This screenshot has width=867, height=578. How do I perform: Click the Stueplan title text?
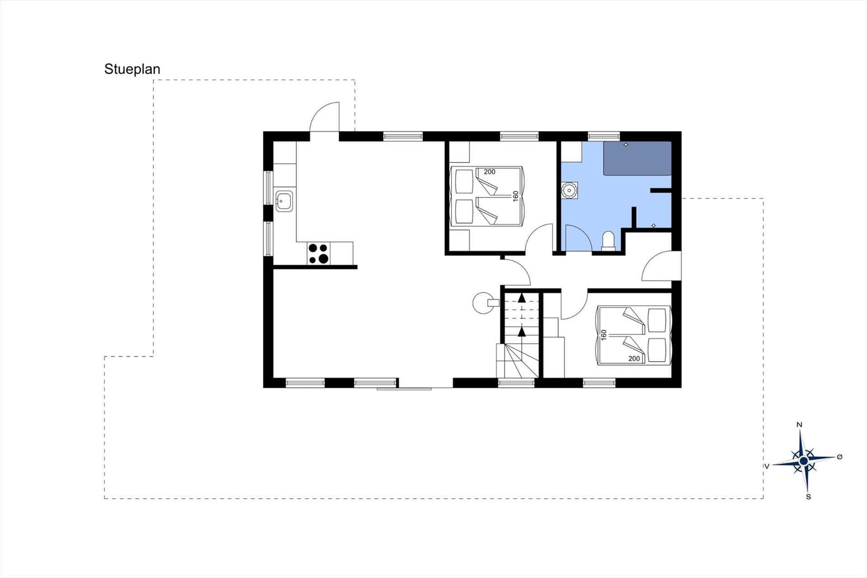coord(132,69)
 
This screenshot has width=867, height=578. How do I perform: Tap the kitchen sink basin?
coord(284,201)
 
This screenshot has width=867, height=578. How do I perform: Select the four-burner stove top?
coord(319,253)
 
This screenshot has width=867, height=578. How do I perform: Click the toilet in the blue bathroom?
coord(609,241)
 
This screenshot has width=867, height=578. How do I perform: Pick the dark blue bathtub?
coord(637,158)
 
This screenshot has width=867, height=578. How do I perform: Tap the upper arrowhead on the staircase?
coord(522,298)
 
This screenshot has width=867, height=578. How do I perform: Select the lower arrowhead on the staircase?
coord(522,331)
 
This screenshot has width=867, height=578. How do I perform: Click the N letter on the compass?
coord(799,425)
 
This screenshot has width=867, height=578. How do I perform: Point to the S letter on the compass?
coord(808,497)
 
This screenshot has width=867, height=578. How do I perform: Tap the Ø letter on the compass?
coord(839,457)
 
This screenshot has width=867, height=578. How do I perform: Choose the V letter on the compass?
coord(766,466)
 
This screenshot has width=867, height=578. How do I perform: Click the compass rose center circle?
coord(804,461)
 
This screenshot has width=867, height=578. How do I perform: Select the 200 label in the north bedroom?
coord(490,172)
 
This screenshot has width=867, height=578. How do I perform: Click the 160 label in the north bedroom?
coord(515,196)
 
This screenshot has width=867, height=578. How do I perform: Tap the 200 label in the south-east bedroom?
coord(634,359)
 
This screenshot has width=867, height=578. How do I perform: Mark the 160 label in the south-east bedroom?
coord(604,335)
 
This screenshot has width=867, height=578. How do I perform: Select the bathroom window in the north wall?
coord(604,136)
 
